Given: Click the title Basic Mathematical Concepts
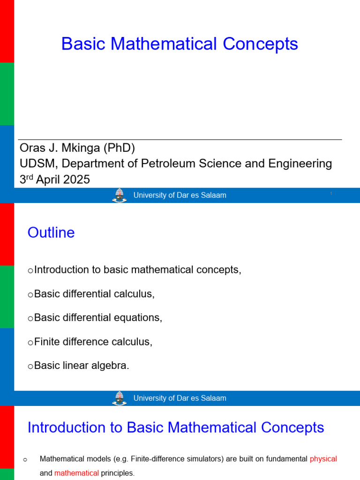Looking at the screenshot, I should coord(180,44).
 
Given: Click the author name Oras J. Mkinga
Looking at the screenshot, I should coord(60,148).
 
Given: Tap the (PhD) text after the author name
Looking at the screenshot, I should coord(119,148).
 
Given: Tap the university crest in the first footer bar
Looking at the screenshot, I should coord(119,195).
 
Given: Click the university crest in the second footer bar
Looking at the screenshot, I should coord(119,398).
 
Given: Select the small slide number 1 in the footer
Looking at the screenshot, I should coord(331,193).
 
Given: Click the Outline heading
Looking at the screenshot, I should coord(51,232).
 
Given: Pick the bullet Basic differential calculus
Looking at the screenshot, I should coord(94,294).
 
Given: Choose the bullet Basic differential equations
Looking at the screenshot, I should coord(97,318).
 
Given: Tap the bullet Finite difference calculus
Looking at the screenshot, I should coord(93,342).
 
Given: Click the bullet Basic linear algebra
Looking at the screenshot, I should coord(81,366).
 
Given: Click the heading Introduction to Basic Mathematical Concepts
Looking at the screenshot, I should coord(176,427).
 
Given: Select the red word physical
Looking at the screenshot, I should coord(323,459).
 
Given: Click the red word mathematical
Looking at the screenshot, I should coord(76,473).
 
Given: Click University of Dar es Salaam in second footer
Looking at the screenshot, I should coord(180,398).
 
